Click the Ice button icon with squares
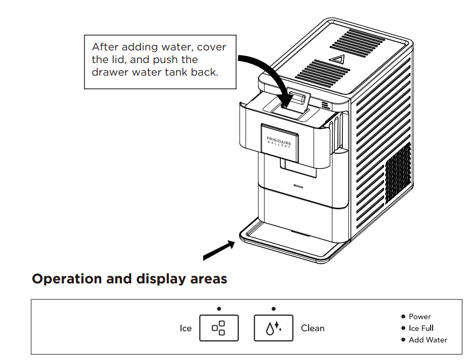[219, 328]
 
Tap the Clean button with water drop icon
[273, 328]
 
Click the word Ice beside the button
[186, 328]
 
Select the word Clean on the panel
[313, 328]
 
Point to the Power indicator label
[420, 317]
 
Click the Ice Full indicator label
[421, 328]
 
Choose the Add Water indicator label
[428, 340]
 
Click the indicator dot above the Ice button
[219, 309]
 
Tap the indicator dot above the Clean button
[273, 309]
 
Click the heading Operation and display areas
[130, 279]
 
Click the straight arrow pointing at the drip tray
[219, 251]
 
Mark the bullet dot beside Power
[403, 317]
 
